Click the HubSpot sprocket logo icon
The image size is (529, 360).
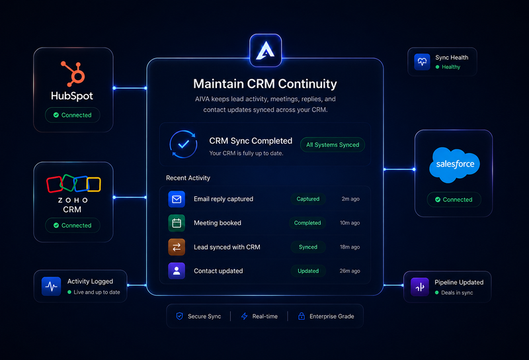pos(73,74)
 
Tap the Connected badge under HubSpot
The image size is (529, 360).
pos(73,115)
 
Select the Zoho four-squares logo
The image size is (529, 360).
pos(73,183)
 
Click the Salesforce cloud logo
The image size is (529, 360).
pos(454,165)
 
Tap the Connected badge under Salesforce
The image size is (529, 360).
pos(454,200)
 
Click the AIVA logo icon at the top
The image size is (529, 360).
pos(266,50)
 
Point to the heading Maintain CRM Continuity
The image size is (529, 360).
pos(265,84)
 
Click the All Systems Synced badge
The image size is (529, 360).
pos(333,145)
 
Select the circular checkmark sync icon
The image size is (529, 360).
pos(183,144)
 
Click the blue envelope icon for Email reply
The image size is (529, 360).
pos(177,199)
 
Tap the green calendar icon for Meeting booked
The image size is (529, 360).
pos(177,223)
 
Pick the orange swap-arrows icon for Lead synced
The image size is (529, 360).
pos(177,247)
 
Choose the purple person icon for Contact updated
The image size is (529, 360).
pos(177,271)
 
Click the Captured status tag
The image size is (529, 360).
pos(307,199)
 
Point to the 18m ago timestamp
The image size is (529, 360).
pos(350,247)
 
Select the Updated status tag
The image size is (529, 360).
pos(308,271)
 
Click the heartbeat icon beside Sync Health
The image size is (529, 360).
pos(422,62)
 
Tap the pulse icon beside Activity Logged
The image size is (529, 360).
pos(52,287)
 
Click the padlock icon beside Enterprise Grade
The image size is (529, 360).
pos(302,316)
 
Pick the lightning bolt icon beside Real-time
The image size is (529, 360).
pos(244,316)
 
